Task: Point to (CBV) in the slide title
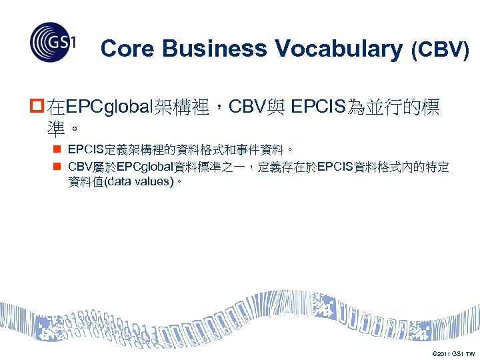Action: pyautogui.click(x=439, y=49)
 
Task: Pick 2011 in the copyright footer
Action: pyautogui.click(x=444, y=353)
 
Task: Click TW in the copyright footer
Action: pyautogui.click(x=470, y=353)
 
